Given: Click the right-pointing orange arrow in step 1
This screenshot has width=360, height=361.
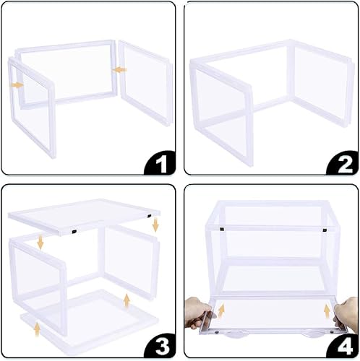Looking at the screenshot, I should (17, 84).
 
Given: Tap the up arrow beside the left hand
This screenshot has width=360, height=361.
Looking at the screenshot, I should (220, 311).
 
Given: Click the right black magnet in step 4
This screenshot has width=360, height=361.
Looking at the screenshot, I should (325, 230).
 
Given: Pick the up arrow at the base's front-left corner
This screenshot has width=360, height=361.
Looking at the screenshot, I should (35, 330).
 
